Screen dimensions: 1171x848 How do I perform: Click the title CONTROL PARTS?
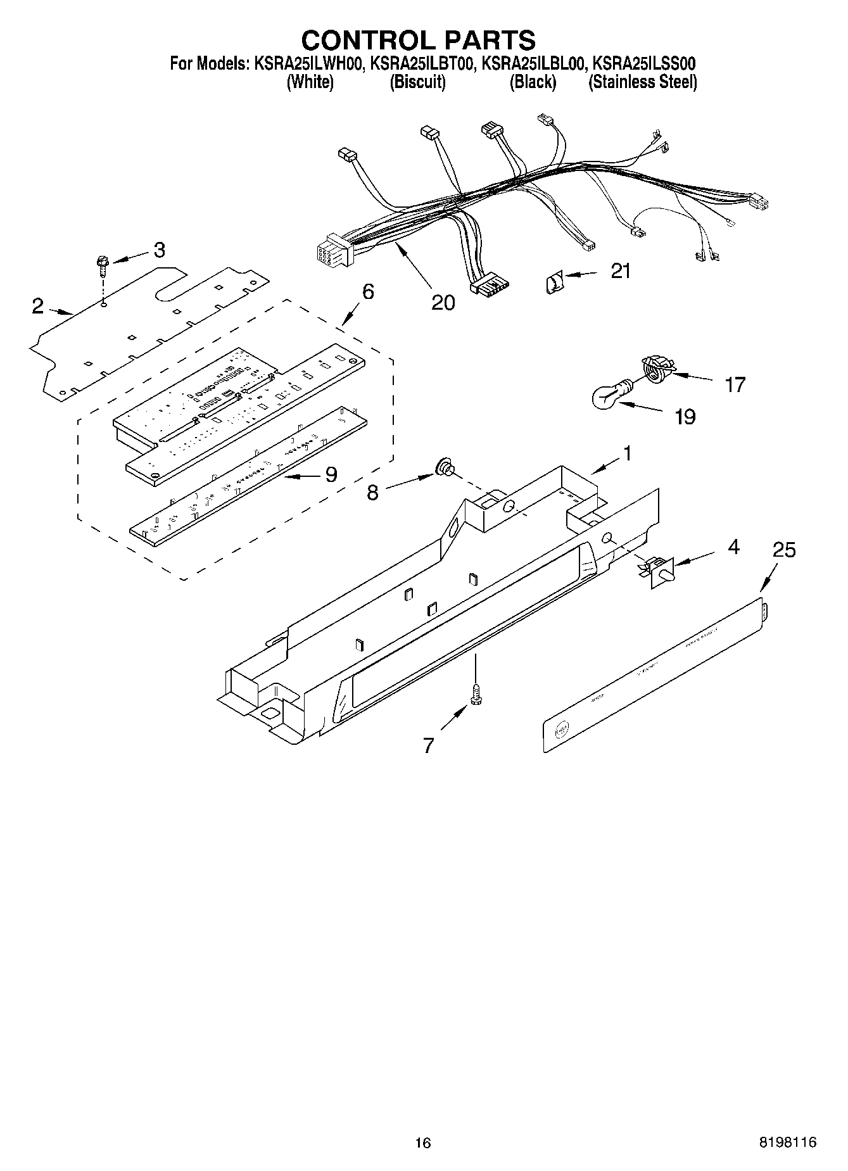pyautogui.click(x=418, y=41)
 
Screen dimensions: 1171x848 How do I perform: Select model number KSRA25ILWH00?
pyautogui.click(x=308, y=64)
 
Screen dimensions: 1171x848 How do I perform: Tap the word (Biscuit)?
pyautogui.click(x=417, y=82)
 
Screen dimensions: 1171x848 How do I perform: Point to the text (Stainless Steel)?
pyautogui.click(x=642, y=82)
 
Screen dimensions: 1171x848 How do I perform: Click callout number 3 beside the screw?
pyautogui.click(x=159, y=250)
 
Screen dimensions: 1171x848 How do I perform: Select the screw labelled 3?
pyautogui.click(x=102, y=264)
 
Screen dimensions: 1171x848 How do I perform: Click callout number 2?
pyautogui.click(x=38, y=307)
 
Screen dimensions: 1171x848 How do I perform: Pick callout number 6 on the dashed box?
pyautogui.click(x=368, y=292)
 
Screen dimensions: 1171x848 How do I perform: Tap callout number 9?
pyautogui.click(x=331, y=474)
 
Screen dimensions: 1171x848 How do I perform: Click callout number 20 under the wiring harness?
pyautogui.click(x=443, y=303)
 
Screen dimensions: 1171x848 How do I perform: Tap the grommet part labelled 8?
pyautogui.click(x=443, y=469)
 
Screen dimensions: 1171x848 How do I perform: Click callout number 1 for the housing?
pyautogui.click(x=626, y=453)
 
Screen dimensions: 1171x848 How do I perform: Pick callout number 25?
pyautogui.click(x=784, y=550)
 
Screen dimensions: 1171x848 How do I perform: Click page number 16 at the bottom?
pyautogui.click(x=423, y=1143)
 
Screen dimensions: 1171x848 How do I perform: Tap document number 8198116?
pyautogui.click(x=787, y=1143)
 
